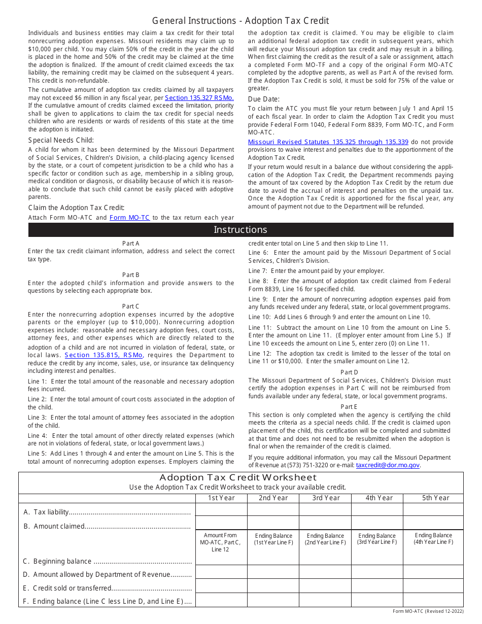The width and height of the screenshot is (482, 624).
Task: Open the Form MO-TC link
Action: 129,218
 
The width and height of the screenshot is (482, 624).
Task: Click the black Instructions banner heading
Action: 240,230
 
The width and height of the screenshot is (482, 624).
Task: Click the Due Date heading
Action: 264,99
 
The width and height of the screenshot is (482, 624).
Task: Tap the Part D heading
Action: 349,372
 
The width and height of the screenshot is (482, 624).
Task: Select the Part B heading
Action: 130,275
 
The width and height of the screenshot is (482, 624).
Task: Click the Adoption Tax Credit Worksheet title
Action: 238,477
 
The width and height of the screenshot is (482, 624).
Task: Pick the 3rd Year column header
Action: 325,498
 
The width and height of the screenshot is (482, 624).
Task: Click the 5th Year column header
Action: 435,498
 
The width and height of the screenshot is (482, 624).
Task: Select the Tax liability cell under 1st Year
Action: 221,509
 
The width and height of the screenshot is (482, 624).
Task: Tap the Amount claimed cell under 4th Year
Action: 376,523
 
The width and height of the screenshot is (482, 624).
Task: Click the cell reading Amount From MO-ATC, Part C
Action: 221,542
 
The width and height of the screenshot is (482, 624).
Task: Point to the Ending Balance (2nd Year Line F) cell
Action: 325,539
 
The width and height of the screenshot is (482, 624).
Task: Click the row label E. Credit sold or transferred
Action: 108,588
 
